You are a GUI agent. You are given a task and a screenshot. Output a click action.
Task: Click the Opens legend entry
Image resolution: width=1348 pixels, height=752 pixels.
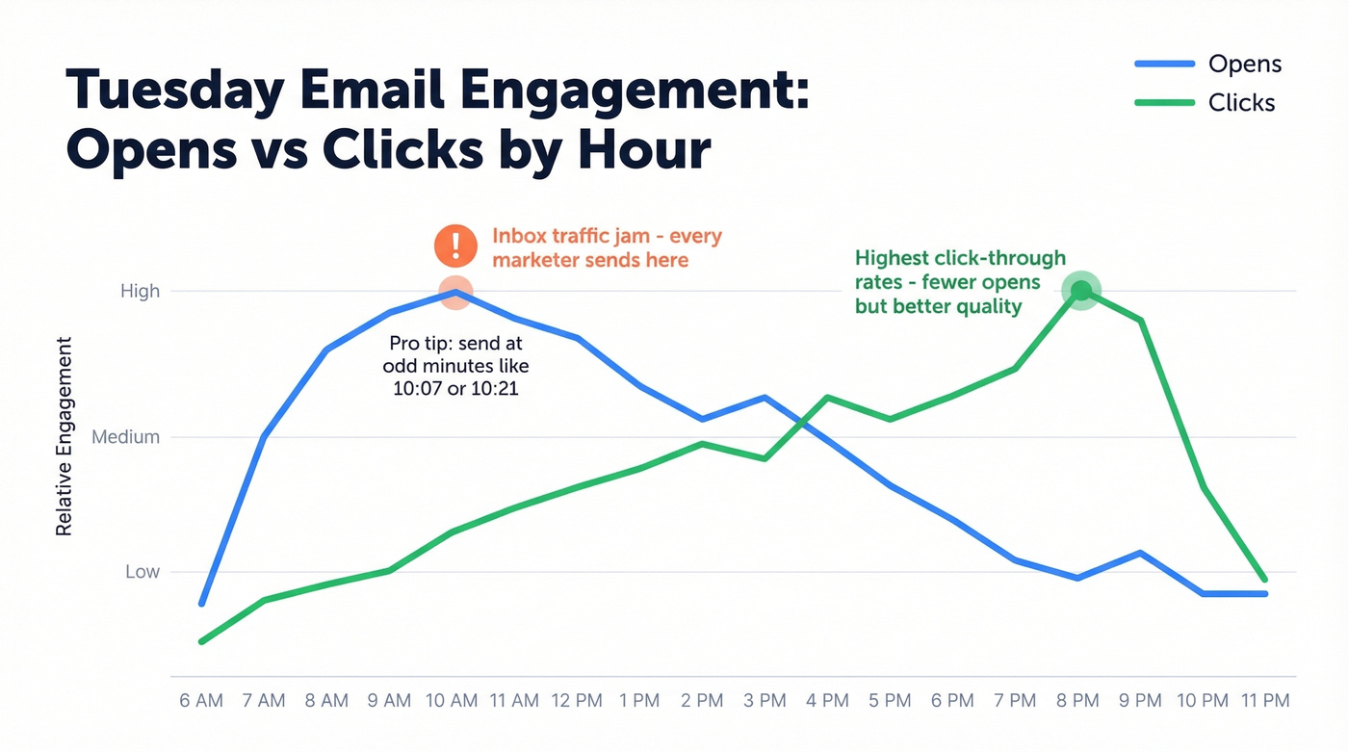[x=1244, y=65]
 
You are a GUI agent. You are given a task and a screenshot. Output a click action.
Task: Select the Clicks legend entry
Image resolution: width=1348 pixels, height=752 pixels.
[x=1241, y=103]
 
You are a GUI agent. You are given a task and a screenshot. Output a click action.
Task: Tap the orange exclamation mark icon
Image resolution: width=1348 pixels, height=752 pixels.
[x=455, y=246]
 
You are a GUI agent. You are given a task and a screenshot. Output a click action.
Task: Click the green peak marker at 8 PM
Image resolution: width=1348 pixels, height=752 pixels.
[x=1080, y=291]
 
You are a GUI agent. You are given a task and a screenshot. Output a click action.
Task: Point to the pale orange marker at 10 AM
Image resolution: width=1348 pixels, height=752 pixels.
[x=455, y=292]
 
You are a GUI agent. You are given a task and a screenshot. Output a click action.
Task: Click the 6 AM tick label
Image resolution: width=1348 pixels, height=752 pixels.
[x=201, y=700]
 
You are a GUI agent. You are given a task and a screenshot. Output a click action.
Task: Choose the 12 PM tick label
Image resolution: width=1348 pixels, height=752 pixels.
[x=576, y=700]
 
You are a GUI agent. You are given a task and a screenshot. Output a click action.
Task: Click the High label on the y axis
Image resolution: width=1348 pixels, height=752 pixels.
[x=140, y=291]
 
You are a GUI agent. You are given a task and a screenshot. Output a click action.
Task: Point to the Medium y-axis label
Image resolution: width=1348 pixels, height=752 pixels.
[x=125, y=437]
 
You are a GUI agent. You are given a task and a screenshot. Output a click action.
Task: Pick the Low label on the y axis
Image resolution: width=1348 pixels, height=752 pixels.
[x=143, y=572]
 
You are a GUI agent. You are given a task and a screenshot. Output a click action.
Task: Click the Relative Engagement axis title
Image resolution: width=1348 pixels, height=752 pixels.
[x=65, y=436]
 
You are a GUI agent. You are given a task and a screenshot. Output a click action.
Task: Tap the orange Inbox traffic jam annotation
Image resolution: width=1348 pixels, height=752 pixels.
[x=607, y=247]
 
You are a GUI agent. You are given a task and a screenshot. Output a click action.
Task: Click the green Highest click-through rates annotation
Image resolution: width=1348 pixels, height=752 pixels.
[x=960, y=282]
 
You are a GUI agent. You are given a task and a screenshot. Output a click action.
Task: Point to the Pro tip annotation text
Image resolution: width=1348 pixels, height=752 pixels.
[x=455, y=367]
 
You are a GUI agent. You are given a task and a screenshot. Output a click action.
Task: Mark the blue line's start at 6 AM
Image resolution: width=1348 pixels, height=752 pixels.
[x=202, y=604]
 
